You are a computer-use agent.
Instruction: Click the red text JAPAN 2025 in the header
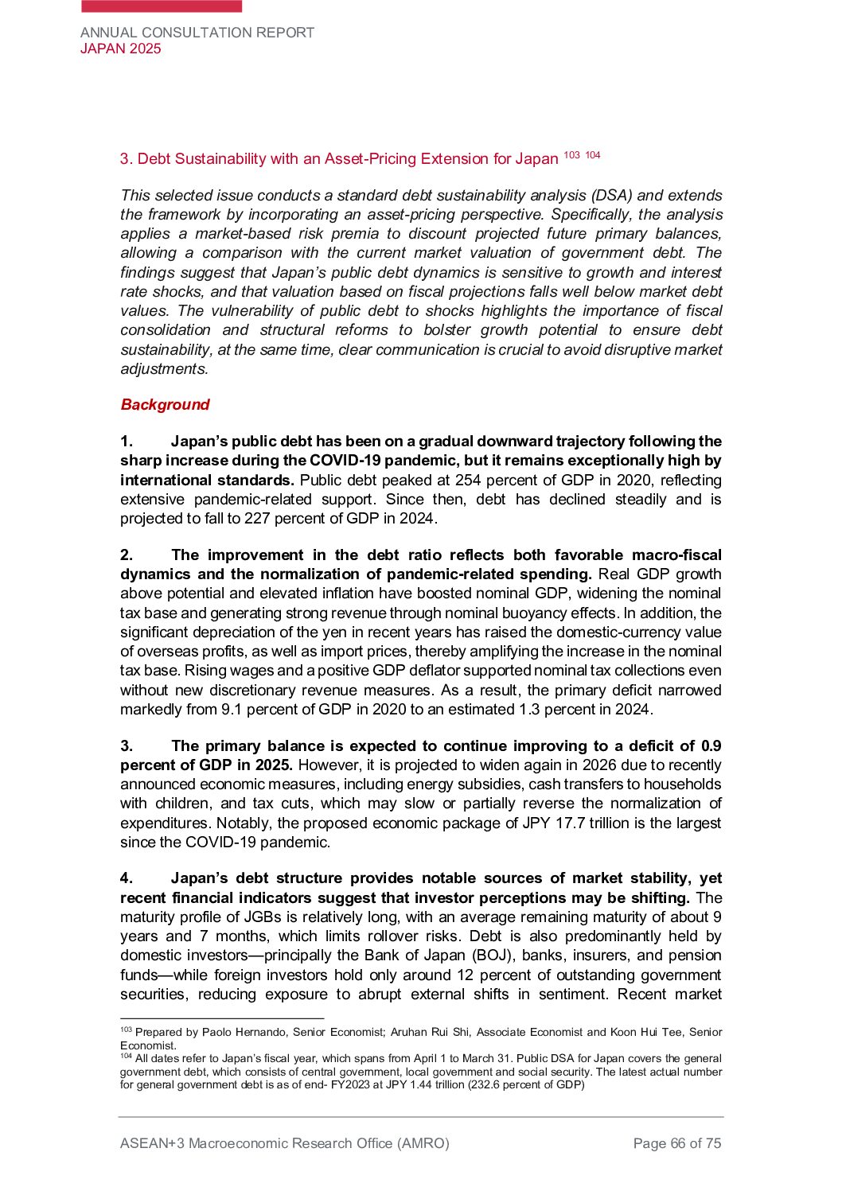click(120, 49)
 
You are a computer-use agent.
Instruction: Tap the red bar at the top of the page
click(162, 6)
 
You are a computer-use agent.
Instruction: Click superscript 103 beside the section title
click(571, 154)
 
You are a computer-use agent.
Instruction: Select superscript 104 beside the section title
click(592, 154)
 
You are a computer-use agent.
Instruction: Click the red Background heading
click(165, 404)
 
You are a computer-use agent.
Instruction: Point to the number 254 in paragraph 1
click(468, 480)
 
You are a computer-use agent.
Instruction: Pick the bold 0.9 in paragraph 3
click(711, 745)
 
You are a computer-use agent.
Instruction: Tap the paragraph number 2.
click(126, 555)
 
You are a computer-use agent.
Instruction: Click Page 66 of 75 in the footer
click(676, 1143)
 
